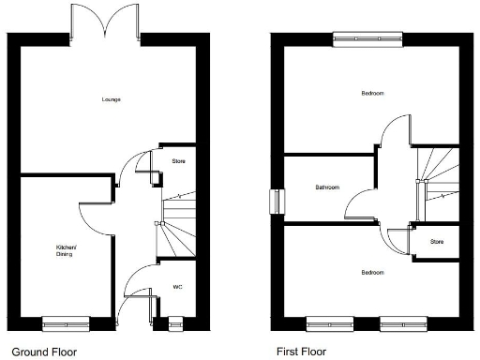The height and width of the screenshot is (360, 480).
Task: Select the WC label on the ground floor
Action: click(x=177, y=287)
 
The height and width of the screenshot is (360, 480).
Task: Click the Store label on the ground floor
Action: click(x=178, y=161)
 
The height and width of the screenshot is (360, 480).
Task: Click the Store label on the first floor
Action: click(x=437, y=242)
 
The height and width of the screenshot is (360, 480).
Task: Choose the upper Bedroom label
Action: click(x=372, y=94)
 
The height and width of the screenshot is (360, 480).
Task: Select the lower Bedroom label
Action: click(x=372, y=273)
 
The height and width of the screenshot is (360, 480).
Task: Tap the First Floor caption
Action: click(x=301, y=352)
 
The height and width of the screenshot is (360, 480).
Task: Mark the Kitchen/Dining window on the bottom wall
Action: click(x=67, y=323)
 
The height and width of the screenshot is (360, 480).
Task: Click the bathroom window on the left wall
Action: click(x=276, y=202)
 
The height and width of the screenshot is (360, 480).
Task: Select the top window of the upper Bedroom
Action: click(x=372, y=37)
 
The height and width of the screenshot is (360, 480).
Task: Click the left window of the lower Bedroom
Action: click(x=330, y=323)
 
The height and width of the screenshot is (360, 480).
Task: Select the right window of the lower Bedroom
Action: click(x=403, y=323)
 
